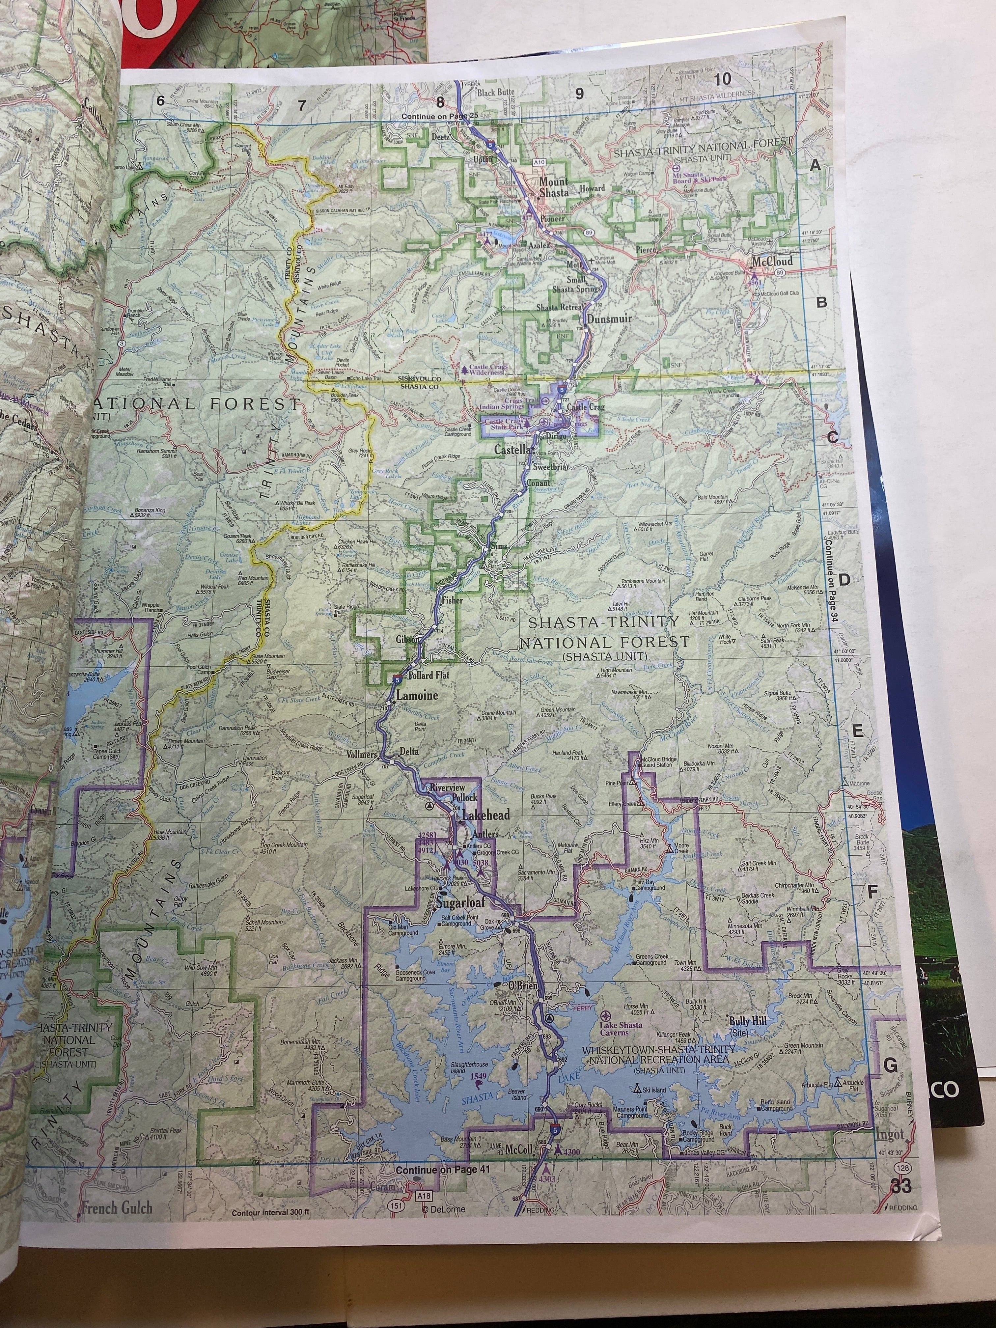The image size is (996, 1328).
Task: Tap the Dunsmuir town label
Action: [x=609, y=319]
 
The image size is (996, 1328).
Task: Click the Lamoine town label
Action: [x=417, y=696]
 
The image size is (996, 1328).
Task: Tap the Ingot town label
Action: [x=889, y=1135]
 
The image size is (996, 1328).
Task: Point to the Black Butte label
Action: [x=496, y=93]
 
